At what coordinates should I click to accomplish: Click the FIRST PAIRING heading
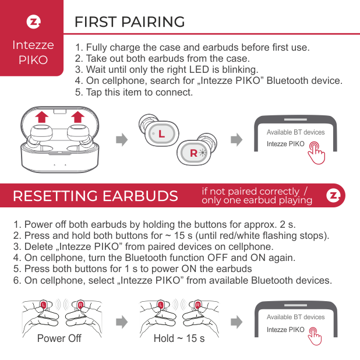pyautogui.click(x=129, y=22)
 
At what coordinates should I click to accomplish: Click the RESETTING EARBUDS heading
pyautogui.click(x=95, y=196)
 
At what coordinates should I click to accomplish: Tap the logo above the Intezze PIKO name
pyautogui.click(x=33, y=23)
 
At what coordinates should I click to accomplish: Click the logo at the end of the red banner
pyautogui.click(x=334, y=195)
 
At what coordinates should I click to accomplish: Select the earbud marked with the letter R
pyautogui.click(x=195, y=152)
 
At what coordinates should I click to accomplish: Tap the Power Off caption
pyautogui.click(x=59, y=338)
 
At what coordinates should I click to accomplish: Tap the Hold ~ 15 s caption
pyautogui.click(x=179, y=338)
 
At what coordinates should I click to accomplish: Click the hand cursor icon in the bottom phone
pyautogui.click(x=316, y=337)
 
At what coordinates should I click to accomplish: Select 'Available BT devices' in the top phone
pyautogui.click(x=295, y=132)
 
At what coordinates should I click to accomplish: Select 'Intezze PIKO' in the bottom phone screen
pyautogui.click(x=285, y=330)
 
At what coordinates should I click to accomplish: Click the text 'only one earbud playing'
pyautogui.click(x=256, y=200)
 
